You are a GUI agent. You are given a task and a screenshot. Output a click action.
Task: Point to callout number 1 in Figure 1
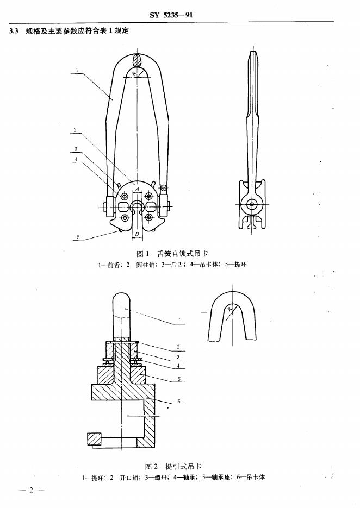(78, 69)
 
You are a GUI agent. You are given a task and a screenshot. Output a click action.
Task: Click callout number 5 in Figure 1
(78, 236)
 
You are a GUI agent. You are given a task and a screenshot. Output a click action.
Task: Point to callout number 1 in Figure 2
(179, 321)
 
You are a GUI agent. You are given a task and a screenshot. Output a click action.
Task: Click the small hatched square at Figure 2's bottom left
(94, 437)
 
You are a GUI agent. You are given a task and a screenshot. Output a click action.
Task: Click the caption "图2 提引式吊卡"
(173, 466)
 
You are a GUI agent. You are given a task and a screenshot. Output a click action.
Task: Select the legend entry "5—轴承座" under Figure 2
(216, 478)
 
